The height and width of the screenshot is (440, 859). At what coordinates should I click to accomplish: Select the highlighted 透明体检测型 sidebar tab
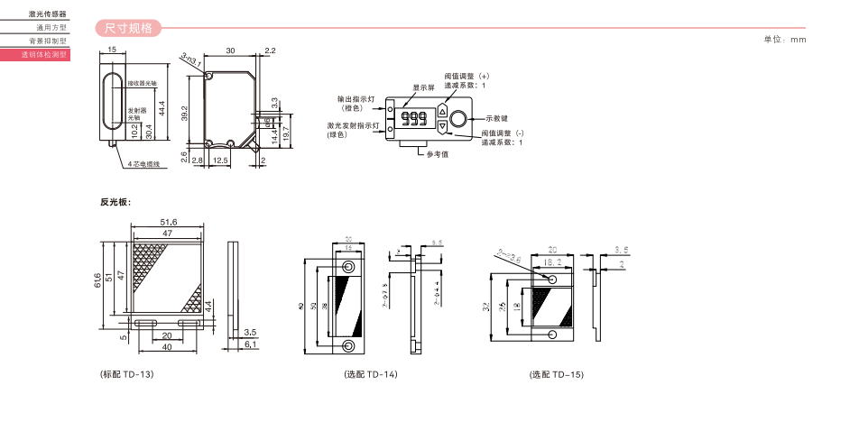[x=44, y=55]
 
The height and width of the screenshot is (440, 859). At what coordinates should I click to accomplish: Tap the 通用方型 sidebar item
[x=51, y=27]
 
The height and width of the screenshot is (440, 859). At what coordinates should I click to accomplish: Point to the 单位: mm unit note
[x=785, y=40]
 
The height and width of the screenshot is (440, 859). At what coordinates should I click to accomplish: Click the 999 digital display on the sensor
[x=415, y=119]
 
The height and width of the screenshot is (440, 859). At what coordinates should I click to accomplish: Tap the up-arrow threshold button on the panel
[x=442, y=111]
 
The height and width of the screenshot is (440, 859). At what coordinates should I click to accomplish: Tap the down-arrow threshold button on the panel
[x=442, y=127]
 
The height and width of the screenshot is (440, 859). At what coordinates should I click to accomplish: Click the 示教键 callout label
[x=497, y=118]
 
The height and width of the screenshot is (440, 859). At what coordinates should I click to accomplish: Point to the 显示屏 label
[x=424, y=87]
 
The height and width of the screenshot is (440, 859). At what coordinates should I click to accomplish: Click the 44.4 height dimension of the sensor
[x=162, y=107]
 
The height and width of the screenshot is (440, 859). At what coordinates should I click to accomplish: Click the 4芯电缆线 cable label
[x=143, y=164]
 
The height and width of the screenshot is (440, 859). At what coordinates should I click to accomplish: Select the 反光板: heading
[x=115, y=201]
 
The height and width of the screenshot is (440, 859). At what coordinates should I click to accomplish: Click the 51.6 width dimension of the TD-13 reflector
[x=169, y=222]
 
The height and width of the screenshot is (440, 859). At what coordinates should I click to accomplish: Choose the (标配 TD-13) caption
[x=127, y=374]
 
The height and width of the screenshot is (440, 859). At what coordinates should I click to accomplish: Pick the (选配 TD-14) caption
[x=370, y=374]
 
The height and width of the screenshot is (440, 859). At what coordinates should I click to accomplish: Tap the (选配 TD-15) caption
[x=557, y=374]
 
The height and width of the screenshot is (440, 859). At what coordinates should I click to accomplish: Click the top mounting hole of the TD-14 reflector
[x=348, y=267]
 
